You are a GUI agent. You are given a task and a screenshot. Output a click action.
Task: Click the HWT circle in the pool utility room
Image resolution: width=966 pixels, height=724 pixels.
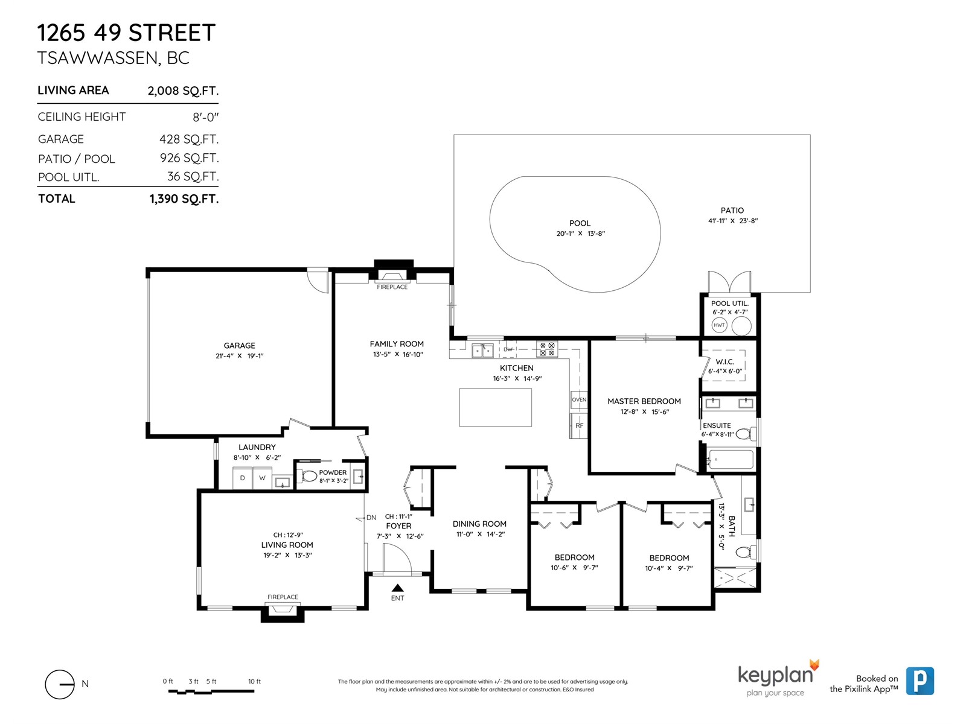tap(719, 325)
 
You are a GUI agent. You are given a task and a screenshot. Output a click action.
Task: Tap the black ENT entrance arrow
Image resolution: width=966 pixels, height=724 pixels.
tap(397, 588)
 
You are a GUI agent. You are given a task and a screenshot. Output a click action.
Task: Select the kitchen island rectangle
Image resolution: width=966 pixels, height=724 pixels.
tap(495, 407)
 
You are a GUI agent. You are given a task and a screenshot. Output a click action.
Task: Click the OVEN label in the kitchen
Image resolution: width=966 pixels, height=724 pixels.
tap(579, 399)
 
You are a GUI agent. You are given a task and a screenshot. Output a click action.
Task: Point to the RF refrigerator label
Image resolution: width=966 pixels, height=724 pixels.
tap(579, 425)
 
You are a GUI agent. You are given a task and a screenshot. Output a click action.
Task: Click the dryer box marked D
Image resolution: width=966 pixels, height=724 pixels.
tap(243, 478)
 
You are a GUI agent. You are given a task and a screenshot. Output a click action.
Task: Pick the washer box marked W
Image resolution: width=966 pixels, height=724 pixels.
tap(262, 478)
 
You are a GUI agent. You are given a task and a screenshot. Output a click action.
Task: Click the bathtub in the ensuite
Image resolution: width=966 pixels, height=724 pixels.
tap(729, 460)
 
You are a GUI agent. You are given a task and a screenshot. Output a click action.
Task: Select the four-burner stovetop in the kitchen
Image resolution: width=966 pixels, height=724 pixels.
tap(546, 349)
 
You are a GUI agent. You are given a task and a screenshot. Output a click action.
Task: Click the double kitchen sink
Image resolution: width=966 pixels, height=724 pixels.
tap(482, 351)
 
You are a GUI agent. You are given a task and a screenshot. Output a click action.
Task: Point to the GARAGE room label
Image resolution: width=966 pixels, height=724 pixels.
tap(239, 346)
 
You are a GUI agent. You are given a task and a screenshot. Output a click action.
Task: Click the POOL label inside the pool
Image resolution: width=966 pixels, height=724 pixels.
tap(580, 223)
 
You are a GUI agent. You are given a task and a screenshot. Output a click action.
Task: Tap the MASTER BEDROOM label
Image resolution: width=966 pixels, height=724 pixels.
tap(644, 401)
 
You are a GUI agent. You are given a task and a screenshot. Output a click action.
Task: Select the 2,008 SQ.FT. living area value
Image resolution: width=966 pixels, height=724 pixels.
tap(183, 91)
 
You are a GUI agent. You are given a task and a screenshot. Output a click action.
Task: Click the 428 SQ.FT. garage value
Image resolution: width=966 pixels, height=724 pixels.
tap(189, 139)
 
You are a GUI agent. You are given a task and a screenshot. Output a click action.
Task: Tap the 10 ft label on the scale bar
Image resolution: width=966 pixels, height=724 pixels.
tap(254, 681)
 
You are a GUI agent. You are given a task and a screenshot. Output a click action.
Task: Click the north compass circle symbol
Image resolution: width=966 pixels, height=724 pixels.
tap(59, 684)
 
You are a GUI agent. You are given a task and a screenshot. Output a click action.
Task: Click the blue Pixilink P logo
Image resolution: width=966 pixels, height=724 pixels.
tap(920, 681)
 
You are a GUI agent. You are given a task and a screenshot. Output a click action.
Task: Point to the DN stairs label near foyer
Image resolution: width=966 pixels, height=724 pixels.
tap(371, 518)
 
